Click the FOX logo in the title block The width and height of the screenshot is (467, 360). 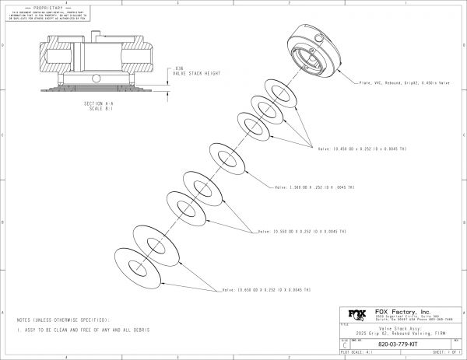356,316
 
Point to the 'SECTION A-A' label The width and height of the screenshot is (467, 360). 99,102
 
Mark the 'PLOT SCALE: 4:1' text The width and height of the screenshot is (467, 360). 355,351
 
